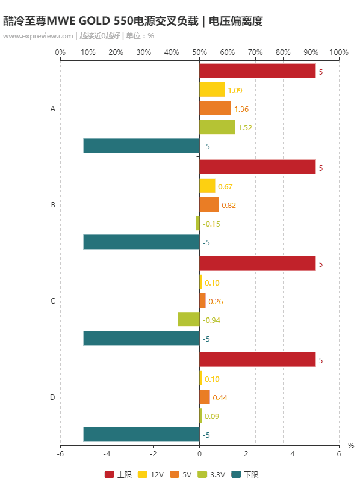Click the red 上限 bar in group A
258,71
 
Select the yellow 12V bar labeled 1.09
212,90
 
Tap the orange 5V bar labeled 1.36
215,108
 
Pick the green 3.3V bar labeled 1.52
217,127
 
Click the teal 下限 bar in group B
141,242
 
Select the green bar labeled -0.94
188,319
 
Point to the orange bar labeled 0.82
209,204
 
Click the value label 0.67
225,186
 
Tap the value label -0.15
211,224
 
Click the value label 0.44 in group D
220,397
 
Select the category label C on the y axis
53,301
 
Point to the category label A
53,109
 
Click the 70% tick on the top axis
255,52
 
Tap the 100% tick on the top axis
339,52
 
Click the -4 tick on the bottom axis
107,455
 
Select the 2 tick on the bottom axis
246,455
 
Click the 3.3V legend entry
213,474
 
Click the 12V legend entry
151,474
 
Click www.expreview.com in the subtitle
38,35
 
